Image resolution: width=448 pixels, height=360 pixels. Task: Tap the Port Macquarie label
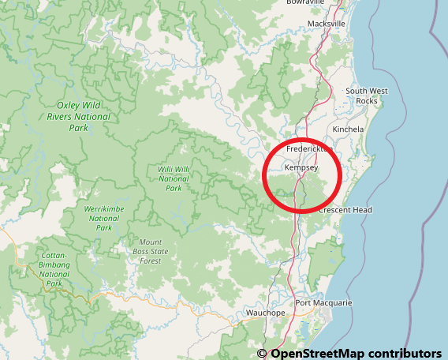(x=323, y=303)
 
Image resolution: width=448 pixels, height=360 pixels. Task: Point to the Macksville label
(x=327, y=24)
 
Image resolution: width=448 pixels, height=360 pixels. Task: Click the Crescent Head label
(x=345, y=210)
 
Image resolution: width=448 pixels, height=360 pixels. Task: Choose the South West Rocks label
(x=367, y=96)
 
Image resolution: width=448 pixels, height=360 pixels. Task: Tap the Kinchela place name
(x=349, y=129)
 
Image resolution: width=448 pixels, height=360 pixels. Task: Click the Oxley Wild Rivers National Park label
(x=84, y=116)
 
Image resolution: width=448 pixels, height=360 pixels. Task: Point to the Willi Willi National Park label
(x=174, y=178)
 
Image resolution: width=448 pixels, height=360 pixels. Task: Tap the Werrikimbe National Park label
(x=103, y=218)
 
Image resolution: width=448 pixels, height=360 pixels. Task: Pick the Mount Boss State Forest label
(x=151, y=251)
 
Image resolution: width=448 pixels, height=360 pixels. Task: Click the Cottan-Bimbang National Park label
(x=54, y=269)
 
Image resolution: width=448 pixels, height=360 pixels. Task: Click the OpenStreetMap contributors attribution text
(x=356, y=353)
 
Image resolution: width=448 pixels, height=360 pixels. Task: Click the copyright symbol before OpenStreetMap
(x=262, y=353)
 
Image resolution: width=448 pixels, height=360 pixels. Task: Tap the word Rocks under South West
(x=367, y=101)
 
